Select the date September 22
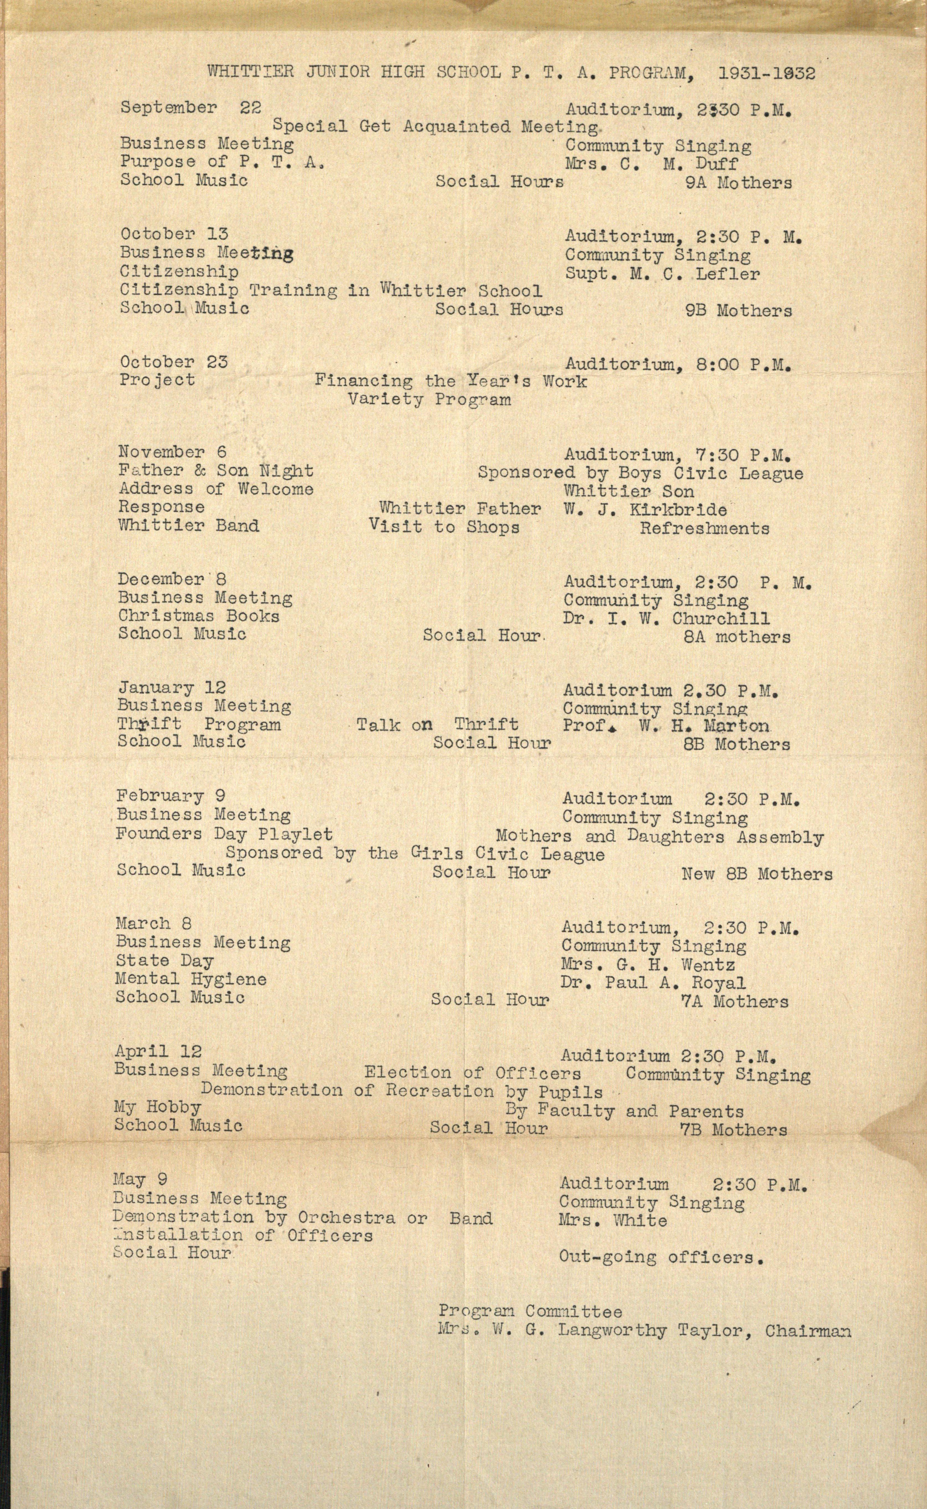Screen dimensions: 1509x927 coord(191,108)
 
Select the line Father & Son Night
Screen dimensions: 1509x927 coord(216,471)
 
